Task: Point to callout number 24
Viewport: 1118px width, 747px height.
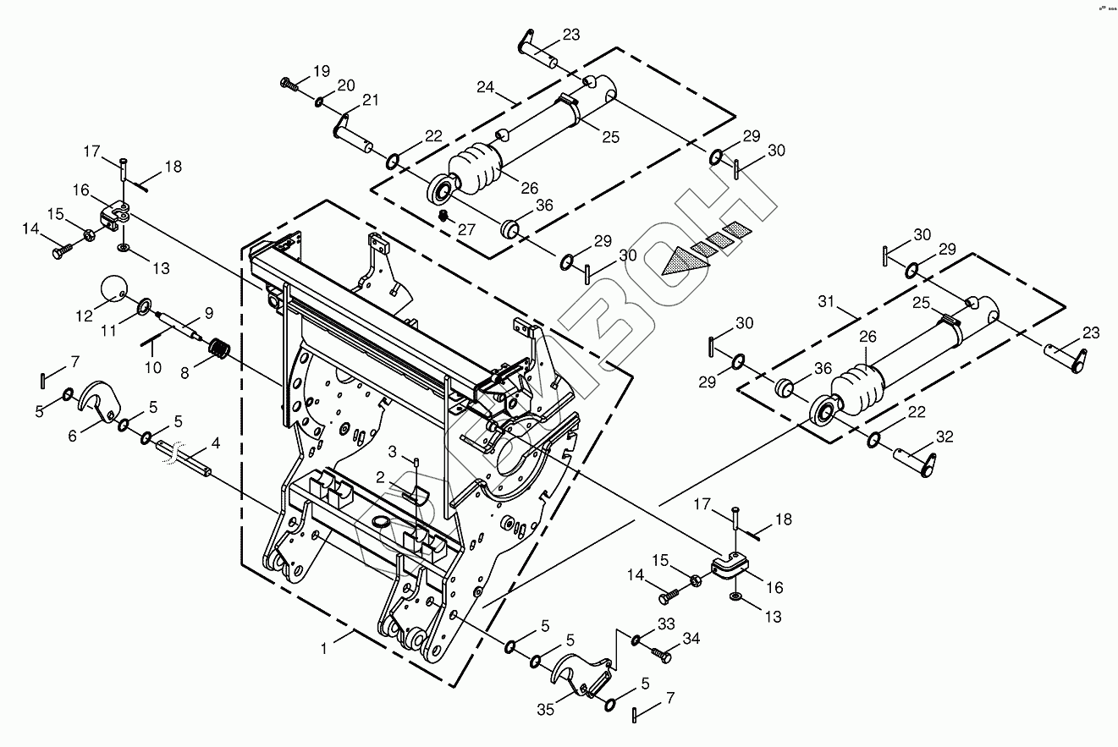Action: [486, 86]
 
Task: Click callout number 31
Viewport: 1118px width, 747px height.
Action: [826, 300]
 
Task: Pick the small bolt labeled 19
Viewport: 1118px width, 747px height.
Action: [289, 83]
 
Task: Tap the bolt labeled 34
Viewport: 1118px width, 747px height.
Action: [661, 654]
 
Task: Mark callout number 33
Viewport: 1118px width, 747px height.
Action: [666, 623]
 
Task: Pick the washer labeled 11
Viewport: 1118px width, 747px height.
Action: [145, 304]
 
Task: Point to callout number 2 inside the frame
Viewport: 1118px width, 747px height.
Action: [381, 477]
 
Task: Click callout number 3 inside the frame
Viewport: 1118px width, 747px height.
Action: [393, 448]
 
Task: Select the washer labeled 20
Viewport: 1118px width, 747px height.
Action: [319, 102]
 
